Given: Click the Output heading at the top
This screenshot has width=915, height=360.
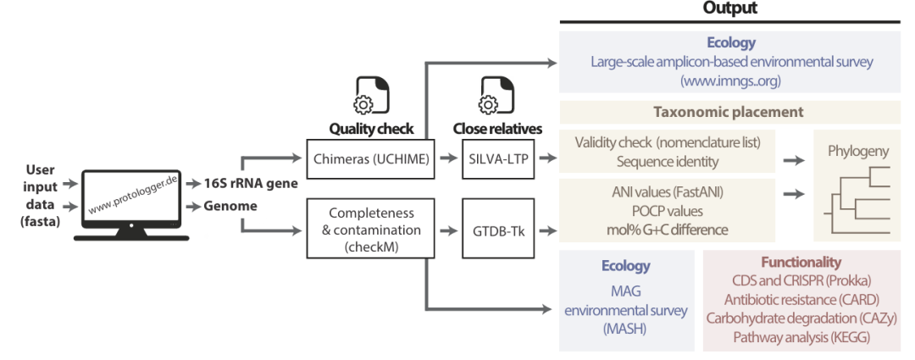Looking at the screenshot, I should coord(729,9).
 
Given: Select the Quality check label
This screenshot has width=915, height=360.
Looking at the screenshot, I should coord(372,130).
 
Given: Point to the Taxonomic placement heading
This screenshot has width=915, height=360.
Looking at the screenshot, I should coord(728,111).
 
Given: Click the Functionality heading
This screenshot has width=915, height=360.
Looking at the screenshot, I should coord(801,263).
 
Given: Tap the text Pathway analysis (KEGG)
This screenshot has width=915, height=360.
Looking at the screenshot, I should coord(801,336).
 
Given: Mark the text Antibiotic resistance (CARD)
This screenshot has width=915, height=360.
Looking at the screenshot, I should coord(801,299).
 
